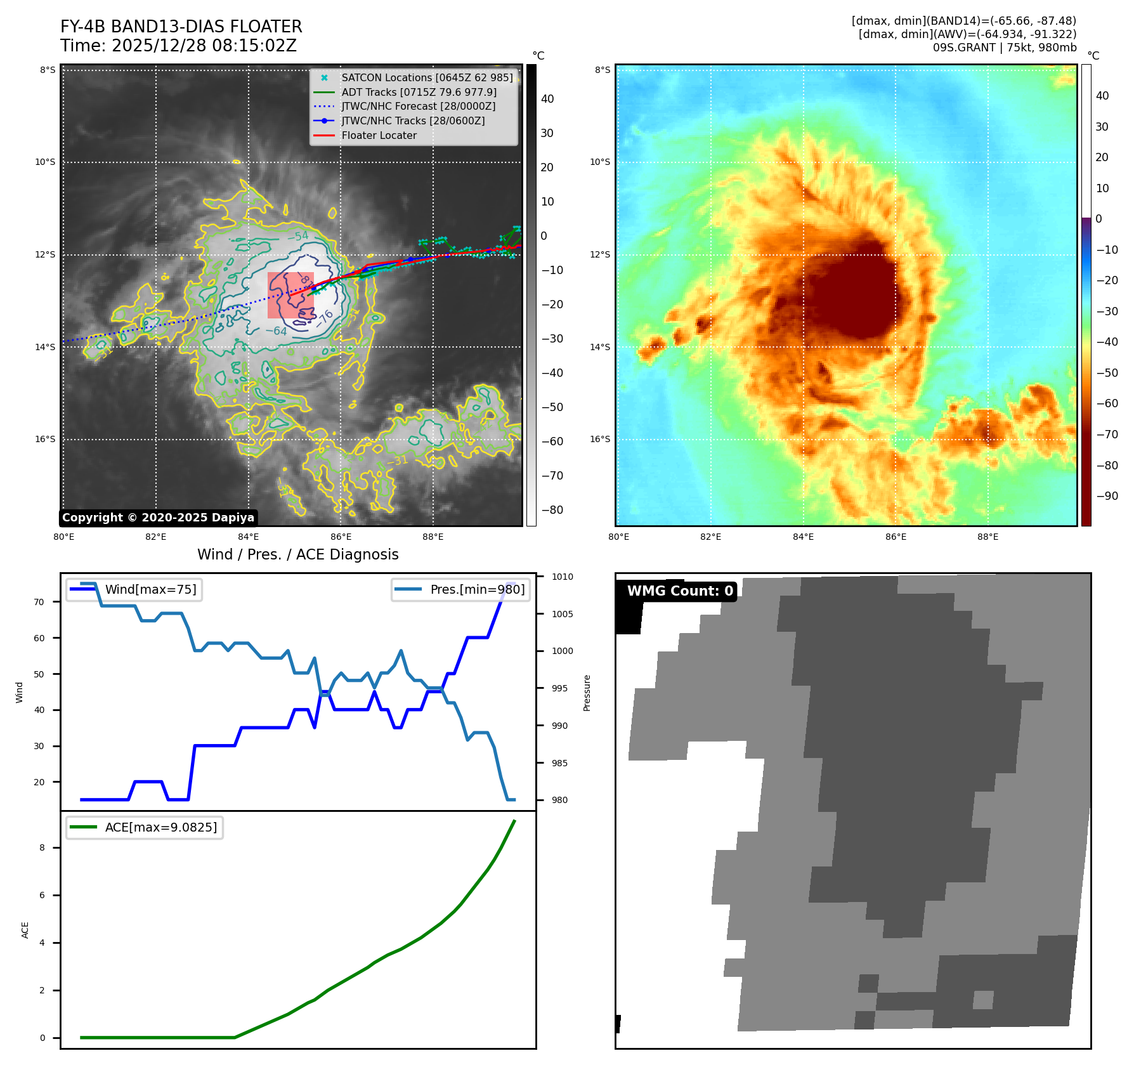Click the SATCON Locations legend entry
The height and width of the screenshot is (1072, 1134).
(427, 77)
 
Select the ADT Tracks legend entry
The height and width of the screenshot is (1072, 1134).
(419, 92)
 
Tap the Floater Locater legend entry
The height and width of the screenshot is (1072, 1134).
(379, 135)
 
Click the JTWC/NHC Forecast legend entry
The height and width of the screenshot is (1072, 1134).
(418, 106)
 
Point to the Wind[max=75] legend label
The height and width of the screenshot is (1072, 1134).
(150, 589)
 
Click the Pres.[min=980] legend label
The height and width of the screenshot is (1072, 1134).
(477, 589)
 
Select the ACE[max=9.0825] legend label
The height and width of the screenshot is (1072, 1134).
(160, 827)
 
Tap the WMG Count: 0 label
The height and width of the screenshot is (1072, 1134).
(679, 591)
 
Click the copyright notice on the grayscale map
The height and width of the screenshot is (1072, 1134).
(158, 518)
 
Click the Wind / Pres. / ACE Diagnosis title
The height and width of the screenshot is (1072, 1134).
(298, 554)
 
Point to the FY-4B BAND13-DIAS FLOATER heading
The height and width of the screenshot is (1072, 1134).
(181, 27)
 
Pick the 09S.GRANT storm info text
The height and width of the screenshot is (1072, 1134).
(1004, 48)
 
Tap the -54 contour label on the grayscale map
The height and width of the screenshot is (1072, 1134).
(298, 237)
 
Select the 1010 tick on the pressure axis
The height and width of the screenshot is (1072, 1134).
(562, 577)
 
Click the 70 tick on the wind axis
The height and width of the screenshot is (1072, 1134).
(39, 602)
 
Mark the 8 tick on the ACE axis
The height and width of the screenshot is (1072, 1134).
(42, 847)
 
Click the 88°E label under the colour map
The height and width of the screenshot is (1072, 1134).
(987, 537)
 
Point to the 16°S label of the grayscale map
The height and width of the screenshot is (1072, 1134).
(45, 439)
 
